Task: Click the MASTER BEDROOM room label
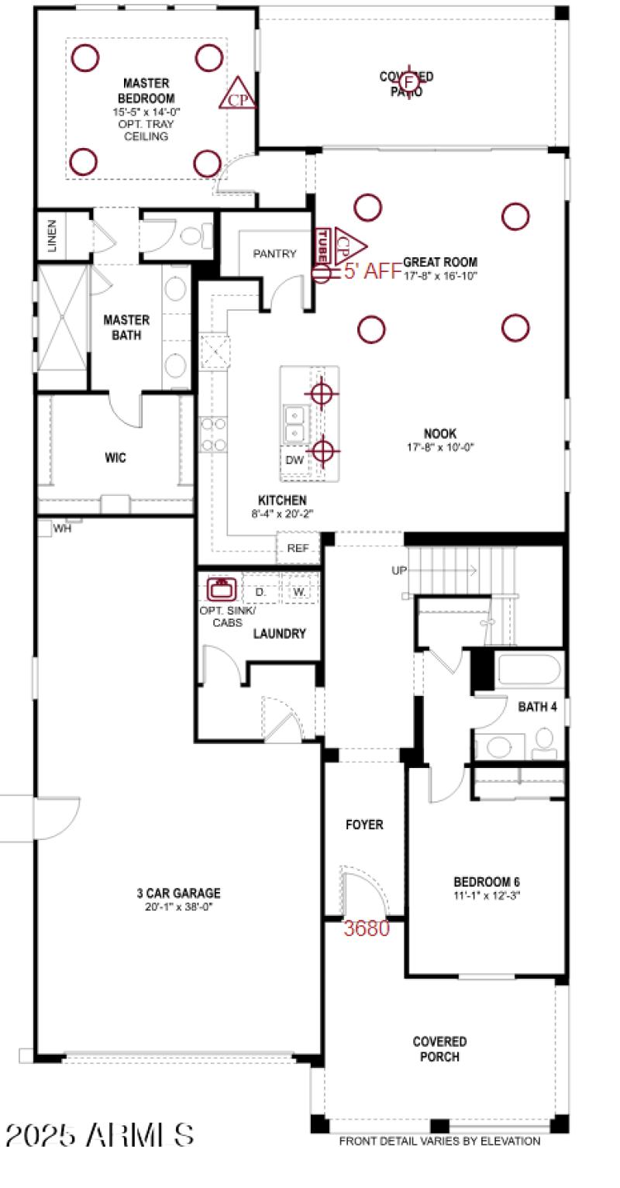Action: coord(146,90)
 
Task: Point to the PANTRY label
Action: coord(275,254)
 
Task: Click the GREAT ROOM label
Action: coord(440,263)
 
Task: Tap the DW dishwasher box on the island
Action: coord(294,460)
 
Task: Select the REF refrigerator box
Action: coord(298,548)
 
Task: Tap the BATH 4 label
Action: coord(537,706)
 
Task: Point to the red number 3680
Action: coord(367,928)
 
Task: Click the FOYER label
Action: coord(364,825)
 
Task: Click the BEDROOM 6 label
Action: coord(486,882)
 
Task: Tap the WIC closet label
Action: coord(115,458)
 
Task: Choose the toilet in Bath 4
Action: coord(545,742)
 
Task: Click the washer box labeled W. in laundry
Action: coord(299,592)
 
